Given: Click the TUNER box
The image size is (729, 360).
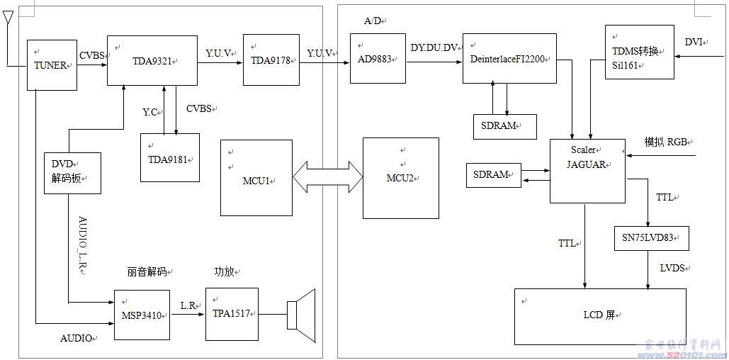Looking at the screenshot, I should [x=52, y=65].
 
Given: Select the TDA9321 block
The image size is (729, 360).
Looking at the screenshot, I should [x=152, y=61].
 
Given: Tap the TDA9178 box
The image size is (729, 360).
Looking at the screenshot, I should [x=271, y=60].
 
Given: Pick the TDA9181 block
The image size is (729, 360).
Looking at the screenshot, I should [x=169, y=157].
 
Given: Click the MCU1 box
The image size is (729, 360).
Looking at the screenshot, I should [x=256, y=178].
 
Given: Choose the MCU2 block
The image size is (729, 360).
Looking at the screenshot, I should [x=400, y=178].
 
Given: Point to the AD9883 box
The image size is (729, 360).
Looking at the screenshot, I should [x=378, y=58].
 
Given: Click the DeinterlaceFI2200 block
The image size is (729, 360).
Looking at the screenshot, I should [x=509, y=58].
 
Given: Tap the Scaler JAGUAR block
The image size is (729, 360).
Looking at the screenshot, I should [x=587, y=171].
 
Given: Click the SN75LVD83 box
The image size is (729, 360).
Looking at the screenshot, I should [x=651, y=238].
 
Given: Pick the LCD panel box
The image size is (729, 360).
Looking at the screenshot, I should [x=599, y=315].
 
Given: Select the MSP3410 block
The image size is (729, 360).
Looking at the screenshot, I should [x=142, y=315].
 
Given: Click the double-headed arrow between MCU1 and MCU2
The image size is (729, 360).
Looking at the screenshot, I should [x=327, y=176].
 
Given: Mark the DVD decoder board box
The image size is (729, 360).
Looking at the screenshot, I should [x=72, y=173].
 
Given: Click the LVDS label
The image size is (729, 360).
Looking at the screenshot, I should [x=672, y=268].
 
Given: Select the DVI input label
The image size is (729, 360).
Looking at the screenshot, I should [x=694, y=43].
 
